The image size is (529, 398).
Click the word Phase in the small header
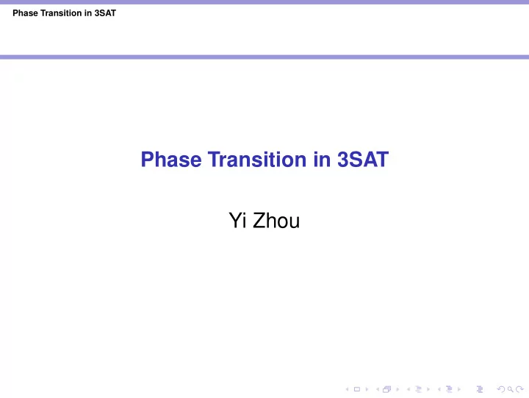tap(25, 13)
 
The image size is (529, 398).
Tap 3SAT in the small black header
tap(105, 13)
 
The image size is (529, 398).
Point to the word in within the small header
tap(88, 13)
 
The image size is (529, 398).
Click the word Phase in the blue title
tap(171, 160)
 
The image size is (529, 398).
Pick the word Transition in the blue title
tap(257, 160)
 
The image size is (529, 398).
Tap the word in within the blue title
tap(322, 160)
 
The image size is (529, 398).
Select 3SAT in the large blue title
tap(363, 160)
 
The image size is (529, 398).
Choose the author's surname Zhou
tap(276, 220)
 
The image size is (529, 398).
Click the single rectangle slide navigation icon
tap(357, 389)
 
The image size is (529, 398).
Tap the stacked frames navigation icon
tap(386, 389)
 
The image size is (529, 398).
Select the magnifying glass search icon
tap(511, 389)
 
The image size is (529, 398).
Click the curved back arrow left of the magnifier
tap(501, 389)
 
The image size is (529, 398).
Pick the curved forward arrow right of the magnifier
tap(520, 389)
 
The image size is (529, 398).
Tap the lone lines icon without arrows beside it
tap(480, 389)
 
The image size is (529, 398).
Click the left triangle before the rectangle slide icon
tap(347, 389)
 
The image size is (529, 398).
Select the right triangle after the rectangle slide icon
tap(367, 389)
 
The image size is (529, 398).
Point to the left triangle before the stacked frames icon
tap(378, 389)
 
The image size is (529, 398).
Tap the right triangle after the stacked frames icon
tap(397, 389)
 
